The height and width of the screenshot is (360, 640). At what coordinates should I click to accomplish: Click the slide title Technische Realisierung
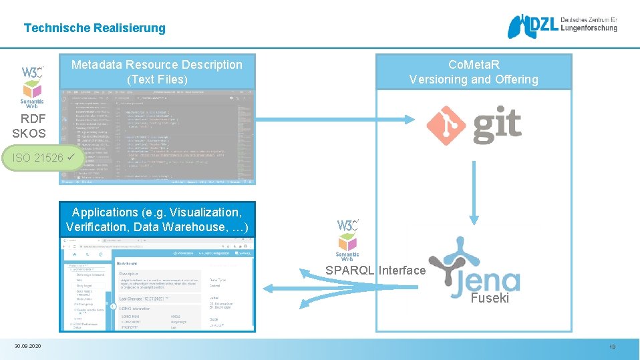(x=94, y=28)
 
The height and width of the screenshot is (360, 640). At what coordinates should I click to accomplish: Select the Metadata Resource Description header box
(x=157, y=72)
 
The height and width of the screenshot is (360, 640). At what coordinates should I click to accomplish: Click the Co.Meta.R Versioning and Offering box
(x=474, y=72)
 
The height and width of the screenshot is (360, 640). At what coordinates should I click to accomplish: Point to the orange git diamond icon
(x=446, y=125)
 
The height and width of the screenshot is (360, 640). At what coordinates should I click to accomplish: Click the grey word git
(x=497, y=126)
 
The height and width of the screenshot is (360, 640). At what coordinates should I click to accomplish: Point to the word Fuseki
(x=489, y=299)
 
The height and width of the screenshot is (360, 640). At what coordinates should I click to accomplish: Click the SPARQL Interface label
(x=375, y=271)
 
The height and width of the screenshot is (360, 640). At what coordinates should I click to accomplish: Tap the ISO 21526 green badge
(x=51, y=158)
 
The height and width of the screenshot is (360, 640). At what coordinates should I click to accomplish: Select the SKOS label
(x=29, y=133)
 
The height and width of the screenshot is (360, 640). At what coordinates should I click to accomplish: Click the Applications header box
(x=157, y=220)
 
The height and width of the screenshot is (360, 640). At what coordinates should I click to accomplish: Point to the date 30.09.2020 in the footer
(x=27, y=346)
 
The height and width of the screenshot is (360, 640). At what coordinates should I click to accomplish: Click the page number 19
(x=612, y=347)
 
